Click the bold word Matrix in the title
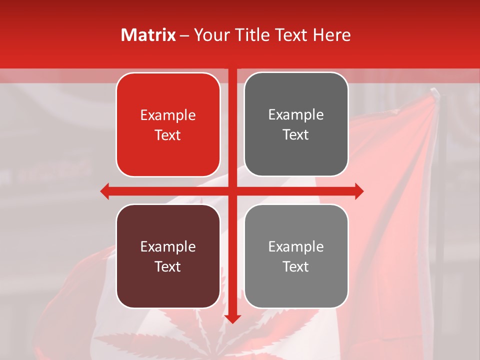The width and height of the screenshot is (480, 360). pos(148,35)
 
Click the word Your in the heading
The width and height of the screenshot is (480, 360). pos(209,35)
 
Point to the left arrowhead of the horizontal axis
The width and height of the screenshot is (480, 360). pos(104,191)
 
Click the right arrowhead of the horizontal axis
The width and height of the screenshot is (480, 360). pos(359,191)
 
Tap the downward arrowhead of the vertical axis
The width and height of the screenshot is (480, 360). pos(232,319)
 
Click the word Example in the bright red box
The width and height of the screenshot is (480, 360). pos(168,115)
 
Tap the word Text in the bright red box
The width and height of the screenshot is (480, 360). pos(168,135)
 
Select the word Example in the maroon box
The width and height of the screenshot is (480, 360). pos(168,246)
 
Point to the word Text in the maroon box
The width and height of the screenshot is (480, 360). pos(168,266)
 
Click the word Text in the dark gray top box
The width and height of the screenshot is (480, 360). pos(296,135)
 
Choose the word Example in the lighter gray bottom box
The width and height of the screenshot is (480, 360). pos(296,246)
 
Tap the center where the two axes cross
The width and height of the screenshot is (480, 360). pos(232,191)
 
